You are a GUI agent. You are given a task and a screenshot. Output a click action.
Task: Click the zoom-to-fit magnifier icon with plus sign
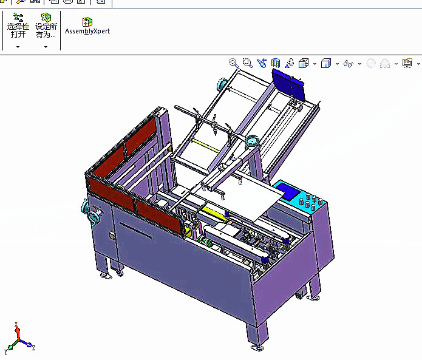click(x=233, y=63)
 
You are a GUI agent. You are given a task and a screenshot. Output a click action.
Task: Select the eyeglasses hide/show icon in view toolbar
click(x=348, y=63)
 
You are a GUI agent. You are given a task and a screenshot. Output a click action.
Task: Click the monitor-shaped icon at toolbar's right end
click(x=407, y=63)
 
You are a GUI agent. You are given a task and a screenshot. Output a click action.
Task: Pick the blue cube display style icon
click(x=325, y=63)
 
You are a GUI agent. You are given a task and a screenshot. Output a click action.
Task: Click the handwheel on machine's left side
click(x=93, y=214)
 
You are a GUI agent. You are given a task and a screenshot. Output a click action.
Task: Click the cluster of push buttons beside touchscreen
click(x=312, y=202)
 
